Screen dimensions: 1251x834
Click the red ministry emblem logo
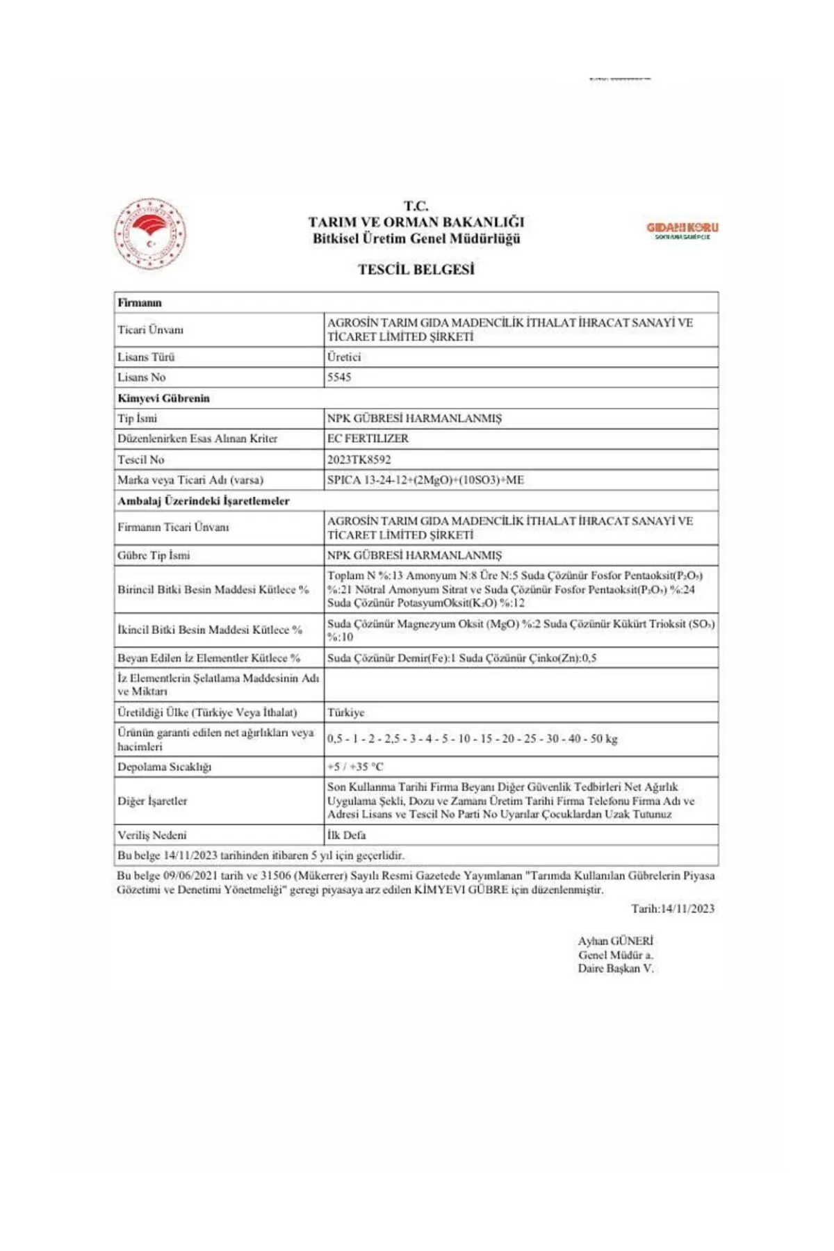pos(150,234)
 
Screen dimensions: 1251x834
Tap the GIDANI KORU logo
pos(682,230)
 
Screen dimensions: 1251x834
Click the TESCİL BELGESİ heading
pos(416,270)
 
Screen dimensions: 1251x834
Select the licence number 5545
pos(339,377)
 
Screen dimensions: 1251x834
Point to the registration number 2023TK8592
pos(359,459)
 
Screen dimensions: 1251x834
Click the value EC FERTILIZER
pos(368,439)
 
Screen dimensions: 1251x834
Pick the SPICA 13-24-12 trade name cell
pos(425,480)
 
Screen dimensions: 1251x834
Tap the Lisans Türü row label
pos(146,357)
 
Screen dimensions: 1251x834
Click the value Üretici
pos(344,357)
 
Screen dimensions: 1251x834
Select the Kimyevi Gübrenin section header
pos(163,398)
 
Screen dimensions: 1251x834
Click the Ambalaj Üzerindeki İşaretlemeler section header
pos(203,501)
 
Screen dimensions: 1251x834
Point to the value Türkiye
pos(345,712)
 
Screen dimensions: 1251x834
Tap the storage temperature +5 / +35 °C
pos(355,767)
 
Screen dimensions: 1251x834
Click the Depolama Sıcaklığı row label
pos(164,767)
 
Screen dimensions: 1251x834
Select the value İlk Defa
pos(346,835)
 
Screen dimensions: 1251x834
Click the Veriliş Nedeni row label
pos(152,835)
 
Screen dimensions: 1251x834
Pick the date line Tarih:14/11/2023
pos(672,908)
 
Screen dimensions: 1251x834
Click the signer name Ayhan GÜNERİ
pos(615,941)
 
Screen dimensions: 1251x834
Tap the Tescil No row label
pos(140,459)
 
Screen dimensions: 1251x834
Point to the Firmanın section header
pos(140,302)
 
